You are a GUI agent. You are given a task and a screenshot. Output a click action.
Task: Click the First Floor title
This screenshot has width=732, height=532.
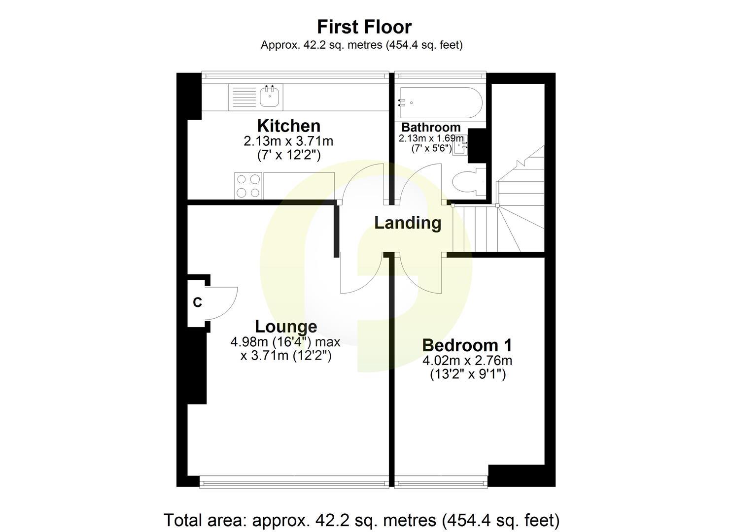click(x=364, y=27)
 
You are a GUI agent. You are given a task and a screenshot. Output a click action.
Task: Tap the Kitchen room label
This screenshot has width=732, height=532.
click(x=288, y=126)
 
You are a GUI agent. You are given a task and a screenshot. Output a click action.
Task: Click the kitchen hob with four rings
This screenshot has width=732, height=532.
click(x=248, y=186)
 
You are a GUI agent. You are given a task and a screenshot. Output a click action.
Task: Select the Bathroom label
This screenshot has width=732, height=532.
click(x=430, y=128)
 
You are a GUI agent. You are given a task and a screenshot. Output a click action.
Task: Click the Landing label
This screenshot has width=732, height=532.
click(x=407, y=223)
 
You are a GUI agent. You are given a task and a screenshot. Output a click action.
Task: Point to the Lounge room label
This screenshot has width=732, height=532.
click(x=285, y=327)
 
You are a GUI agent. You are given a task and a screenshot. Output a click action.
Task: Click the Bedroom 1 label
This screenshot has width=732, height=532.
click(x=467, y=345)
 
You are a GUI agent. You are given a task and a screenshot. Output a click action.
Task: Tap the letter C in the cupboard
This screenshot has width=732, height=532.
click(x=197, y=302)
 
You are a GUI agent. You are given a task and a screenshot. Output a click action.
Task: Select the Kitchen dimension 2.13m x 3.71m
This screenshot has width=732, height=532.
click(x=288, y=141)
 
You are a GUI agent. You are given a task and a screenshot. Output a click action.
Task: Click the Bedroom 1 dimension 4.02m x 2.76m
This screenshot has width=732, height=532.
click(x=467, y=361)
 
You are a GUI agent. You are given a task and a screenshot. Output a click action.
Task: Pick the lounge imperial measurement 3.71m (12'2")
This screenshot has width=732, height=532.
click(x=285, y=355)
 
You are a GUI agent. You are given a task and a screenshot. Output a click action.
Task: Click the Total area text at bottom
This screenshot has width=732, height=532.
click(x=361, y=520)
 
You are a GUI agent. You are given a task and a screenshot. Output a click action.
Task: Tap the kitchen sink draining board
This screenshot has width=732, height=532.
click(x=244, y=97)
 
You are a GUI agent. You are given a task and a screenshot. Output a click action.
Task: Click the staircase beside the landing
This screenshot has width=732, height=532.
click(x=498, y=227)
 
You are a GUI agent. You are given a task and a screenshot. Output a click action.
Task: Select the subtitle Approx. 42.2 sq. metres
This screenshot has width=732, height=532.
click(x=361, y=45)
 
